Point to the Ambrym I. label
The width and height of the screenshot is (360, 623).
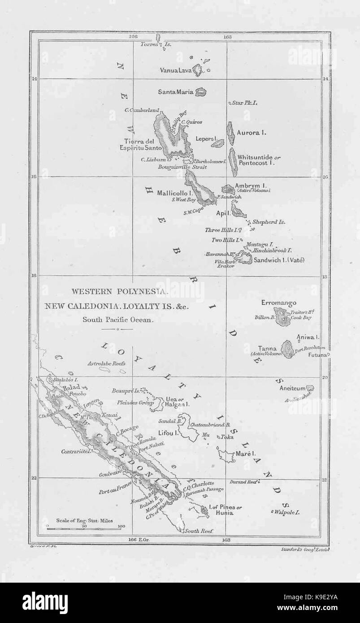(x=252, y=185)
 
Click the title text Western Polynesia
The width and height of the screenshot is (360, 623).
(x=120, y=291)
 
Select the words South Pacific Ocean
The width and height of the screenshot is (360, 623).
(x=118, y=320)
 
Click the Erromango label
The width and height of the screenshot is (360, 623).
(x=278, y=303)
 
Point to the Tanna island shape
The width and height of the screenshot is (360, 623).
(x=287, y=348)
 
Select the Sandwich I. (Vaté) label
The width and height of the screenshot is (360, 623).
(x=279, y=260)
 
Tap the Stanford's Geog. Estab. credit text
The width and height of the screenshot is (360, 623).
(x=304, y=549)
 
